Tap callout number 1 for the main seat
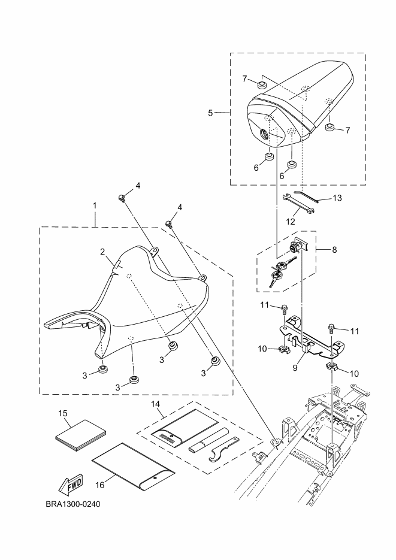pos(95,205)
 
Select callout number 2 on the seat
pos(103,253)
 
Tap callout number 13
pos(337,198)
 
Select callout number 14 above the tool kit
pos(156,405)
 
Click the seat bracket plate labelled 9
pos(309,335)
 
